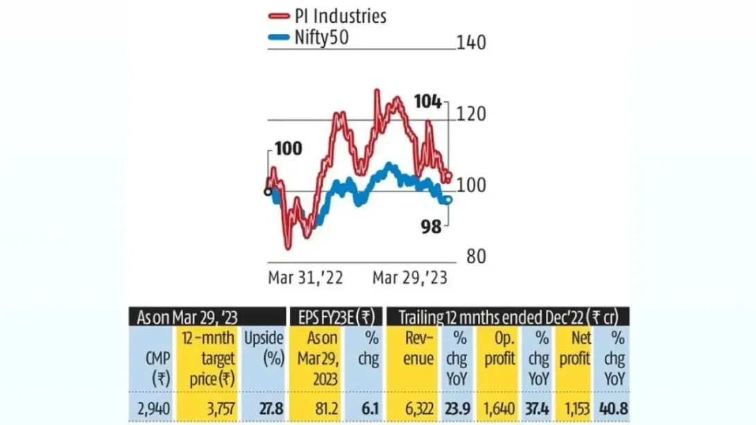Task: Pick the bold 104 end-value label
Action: pos(427,102)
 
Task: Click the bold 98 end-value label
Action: pos(431,227)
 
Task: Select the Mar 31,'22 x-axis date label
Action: pos(306,278)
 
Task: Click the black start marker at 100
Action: pos(268,191)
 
